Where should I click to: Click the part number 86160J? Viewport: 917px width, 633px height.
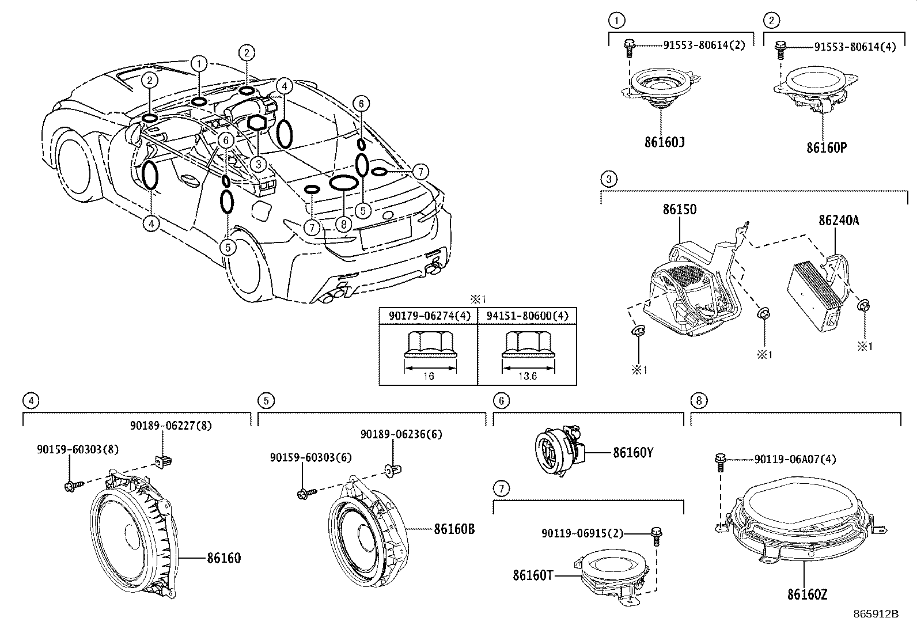pos(664,142)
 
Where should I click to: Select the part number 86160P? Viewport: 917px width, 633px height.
pos(826,147)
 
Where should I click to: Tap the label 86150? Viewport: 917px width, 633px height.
pos(679,210)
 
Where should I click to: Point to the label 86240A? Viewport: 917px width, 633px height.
pos(839,220)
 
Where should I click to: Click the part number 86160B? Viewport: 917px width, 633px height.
pos(454,529)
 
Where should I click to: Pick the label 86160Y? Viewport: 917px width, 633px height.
pos(633,453)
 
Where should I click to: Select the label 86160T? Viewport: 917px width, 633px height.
pos(533,575)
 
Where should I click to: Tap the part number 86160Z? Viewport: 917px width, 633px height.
pos(807,594)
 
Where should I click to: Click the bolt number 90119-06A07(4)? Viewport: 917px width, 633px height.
pos(795,459)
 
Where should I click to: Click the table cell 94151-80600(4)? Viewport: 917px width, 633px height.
pos(527,316)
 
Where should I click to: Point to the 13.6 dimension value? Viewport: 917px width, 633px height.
pos(527,376)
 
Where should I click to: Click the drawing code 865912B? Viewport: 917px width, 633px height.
pos(876,614)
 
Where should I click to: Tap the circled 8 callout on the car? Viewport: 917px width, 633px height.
pos(343,223)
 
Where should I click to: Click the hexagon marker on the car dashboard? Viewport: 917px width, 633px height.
pos(257,123)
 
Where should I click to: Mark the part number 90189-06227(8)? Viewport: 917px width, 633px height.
pos(170,426)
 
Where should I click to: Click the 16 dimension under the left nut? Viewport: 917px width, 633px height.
pos(428,376)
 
